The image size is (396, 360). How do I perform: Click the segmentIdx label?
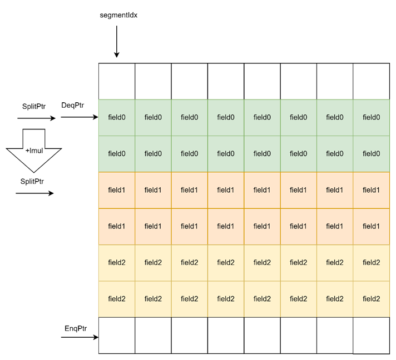118,16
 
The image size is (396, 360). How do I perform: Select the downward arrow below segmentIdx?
117,42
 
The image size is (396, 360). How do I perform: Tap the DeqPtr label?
72,106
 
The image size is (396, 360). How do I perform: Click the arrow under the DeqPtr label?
80,117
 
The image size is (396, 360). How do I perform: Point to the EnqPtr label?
76,328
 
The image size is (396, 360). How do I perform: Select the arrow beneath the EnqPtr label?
80,337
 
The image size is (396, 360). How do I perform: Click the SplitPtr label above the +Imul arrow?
34,107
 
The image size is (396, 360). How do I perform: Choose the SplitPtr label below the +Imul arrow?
32,181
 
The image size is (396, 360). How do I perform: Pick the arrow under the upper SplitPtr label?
36,118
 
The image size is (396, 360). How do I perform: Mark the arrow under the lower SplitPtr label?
34,193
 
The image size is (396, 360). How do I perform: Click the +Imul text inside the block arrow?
34,151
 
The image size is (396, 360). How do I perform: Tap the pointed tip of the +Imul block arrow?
34,173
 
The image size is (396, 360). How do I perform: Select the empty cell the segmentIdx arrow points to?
117,81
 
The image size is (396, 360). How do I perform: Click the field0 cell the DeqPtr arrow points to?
117,118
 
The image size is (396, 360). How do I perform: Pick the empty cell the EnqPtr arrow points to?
117,336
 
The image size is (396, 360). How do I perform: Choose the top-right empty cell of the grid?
372,81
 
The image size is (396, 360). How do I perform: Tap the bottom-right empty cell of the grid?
372,336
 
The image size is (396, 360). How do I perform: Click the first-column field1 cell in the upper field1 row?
117,190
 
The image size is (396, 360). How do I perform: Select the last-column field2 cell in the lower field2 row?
372,299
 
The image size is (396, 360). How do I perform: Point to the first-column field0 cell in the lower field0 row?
117,154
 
